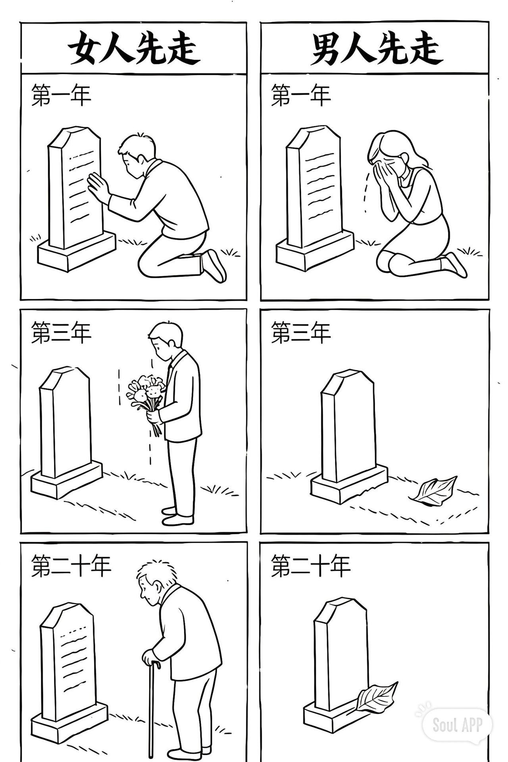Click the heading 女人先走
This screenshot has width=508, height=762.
tap(133, 48)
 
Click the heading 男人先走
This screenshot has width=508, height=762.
tap(376, 48)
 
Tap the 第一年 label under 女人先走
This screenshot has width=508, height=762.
tap(61, 95)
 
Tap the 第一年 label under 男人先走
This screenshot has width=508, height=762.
tap(301, 95)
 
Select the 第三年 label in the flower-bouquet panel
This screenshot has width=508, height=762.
tap(61, 333)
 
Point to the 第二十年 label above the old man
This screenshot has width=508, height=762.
tap(71, 566)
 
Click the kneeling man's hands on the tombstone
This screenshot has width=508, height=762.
tap(97, 187)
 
